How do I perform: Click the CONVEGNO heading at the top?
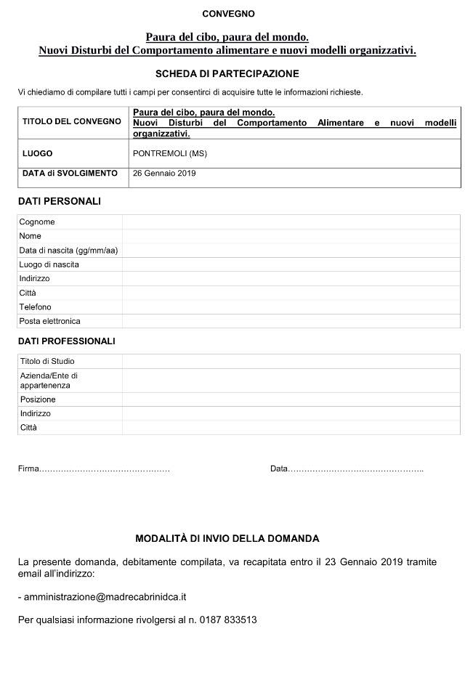(x=228, y=14)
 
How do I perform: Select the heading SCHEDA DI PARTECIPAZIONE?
(x=227, y=73)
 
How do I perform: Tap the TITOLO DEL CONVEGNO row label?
(x=72, y=121)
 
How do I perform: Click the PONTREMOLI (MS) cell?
(x=170, y=154)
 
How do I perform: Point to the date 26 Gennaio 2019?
(x=164, y=174)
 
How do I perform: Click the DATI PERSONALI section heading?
(x=59, y=201)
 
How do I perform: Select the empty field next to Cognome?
(x=291, y=222)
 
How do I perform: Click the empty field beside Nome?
(x=291, y=236)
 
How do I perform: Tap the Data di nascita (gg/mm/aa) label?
(x=68, y=251)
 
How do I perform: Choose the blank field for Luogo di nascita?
(x=291, y=264)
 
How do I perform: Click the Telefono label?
(x=36, y=307)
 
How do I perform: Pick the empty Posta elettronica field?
(x=291, y=321)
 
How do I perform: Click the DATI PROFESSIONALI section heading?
(x=66, y=341)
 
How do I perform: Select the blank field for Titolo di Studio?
(x=291, y=361)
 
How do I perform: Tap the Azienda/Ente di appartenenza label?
(x=49, y=381)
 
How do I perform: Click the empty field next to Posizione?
(x=291, y=399)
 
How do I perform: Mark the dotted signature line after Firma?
(x=105, y=469)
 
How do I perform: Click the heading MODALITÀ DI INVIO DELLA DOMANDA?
(x=227, y=539)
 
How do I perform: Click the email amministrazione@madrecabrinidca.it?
(x=105, y=597)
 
